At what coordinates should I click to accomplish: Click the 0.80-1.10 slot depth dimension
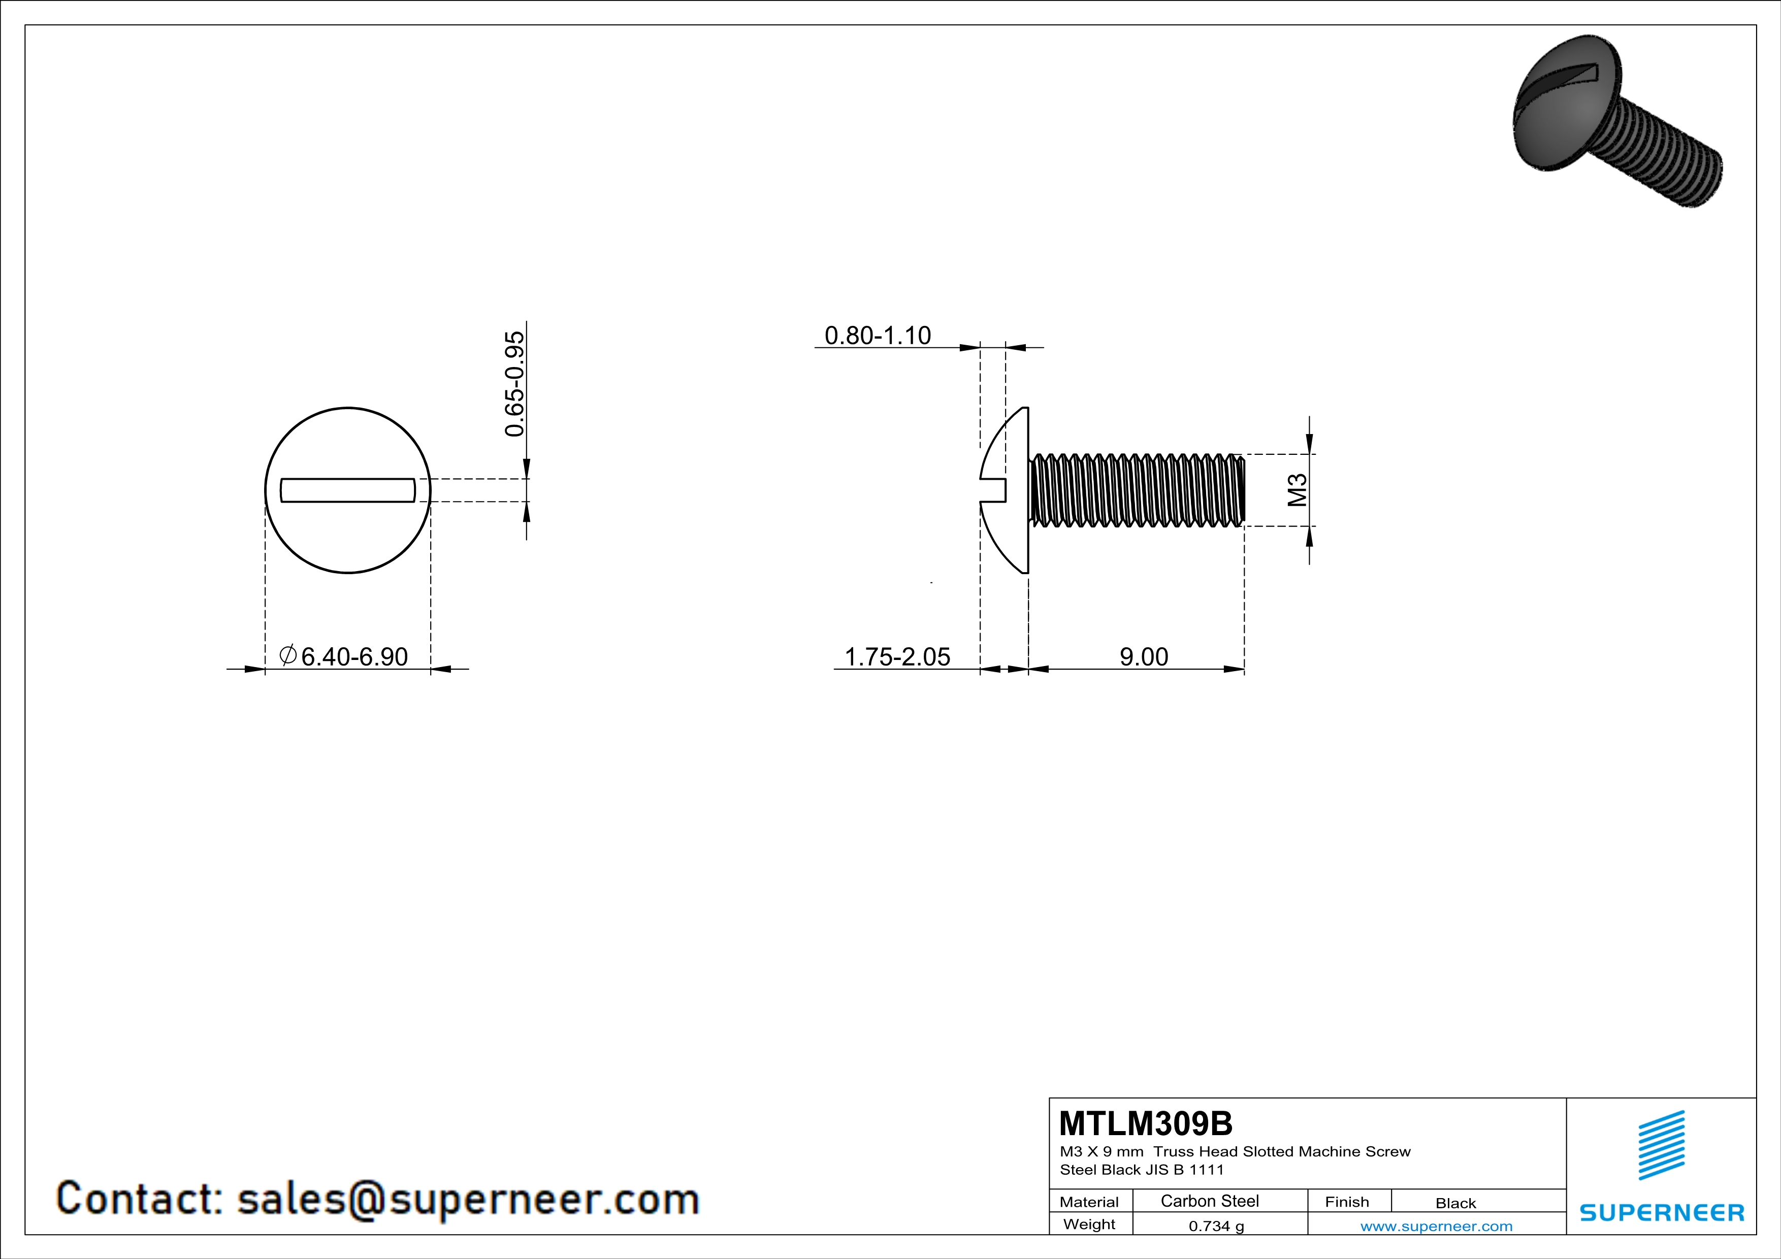click(878, 336)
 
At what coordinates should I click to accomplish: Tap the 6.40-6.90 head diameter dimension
click(354, 656)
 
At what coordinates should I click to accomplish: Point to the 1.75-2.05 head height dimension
click(897, 656)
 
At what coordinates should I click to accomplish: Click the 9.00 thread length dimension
click(1143, 656)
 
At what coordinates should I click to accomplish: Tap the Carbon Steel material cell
click(1209, 1201)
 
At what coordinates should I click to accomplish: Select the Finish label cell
click(1347, 1202)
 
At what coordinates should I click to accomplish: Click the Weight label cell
click(1089, 1224)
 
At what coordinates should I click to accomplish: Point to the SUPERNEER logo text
click(1662, 1212)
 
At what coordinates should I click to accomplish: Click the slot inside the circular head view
click(347, 490)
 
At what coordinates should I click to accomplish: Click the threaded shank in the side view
click(1137, 490)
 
